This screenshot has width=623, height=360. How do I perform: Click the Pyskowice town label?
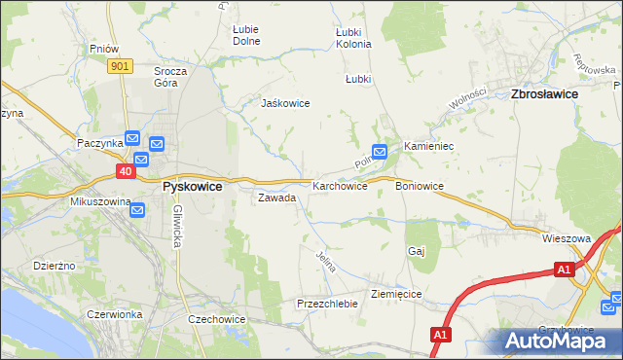[x=192, y=186]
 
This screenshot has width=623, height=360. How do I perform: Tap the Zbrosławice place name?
[x=544, y=93]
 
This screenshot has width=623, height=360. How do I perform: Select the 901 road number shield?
[x=120, y=65]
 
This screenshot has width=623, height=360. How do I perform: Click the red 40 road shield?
[x=126, y=170]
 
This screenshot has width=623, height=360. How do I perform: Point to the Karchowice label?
[x=340, y=185]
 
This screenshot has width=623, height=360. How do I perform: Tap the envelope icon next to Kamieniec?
[x=380, y=151]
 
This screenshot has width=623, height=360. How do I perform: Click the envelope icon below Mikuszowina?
[x=137, y=209]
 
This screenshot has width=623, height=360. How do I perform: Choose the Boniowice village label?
[x=420, y=185]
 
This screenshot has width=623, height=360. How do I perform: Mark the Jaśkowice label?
[x=284, y=102]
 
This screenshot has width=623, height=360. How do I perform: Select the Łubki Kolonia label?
[x=352, y=38]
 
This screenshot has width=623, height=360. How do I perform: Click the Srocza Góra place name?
[x=170, y=77]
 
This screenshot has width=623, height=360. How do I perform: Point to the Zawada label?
[x=275, y=198]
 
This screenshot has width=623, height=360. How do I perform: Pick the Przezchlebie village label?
[x=328, y=304]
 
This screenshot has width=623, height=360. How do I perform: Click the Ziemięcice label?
[x=395, y=293]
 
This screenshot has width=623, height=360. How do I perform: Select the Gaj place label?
[x=417, y=251]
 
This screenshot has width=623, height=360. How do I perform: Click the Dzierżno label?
[x=55, y=265]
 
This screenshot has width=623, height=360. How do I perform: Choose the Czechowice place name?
[x=216, y=319]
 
